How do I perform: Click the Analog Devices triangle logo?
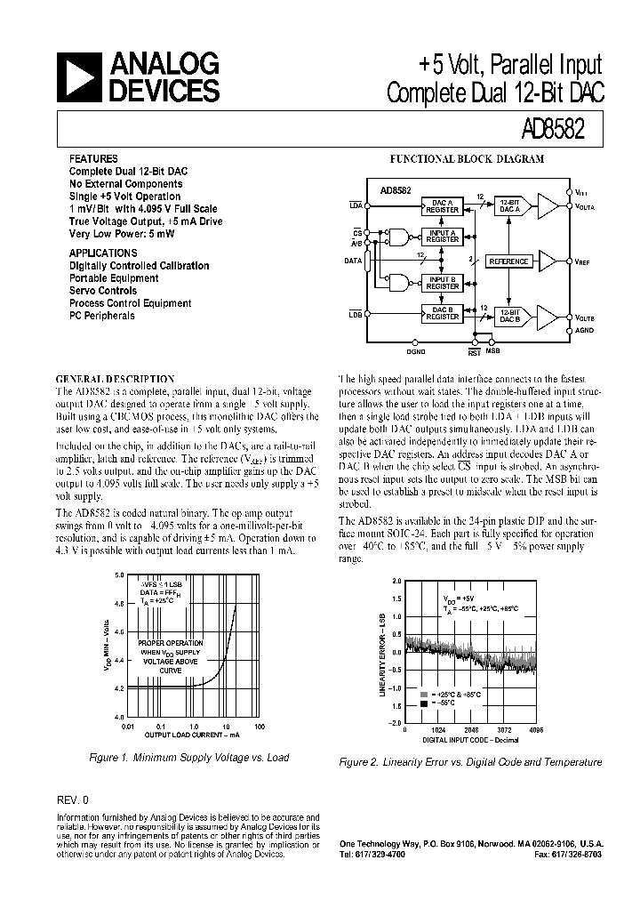coord(78,77)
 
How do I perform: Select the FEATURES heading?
coord(93,158)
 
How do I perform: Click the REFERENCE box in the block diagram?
coord(509,261)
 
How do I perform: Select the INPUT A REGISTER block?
coord(442,236)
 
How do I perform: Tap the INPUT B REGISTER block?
coord(442,283)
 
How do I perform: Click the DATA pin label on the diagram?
coord(353,261)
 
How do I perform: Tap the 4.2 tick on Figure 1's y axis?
coord(118,687)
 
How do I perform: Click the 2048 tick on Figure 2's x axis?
coord(472,728)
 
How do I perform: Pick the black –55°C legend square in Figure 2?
coord(424,703)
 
